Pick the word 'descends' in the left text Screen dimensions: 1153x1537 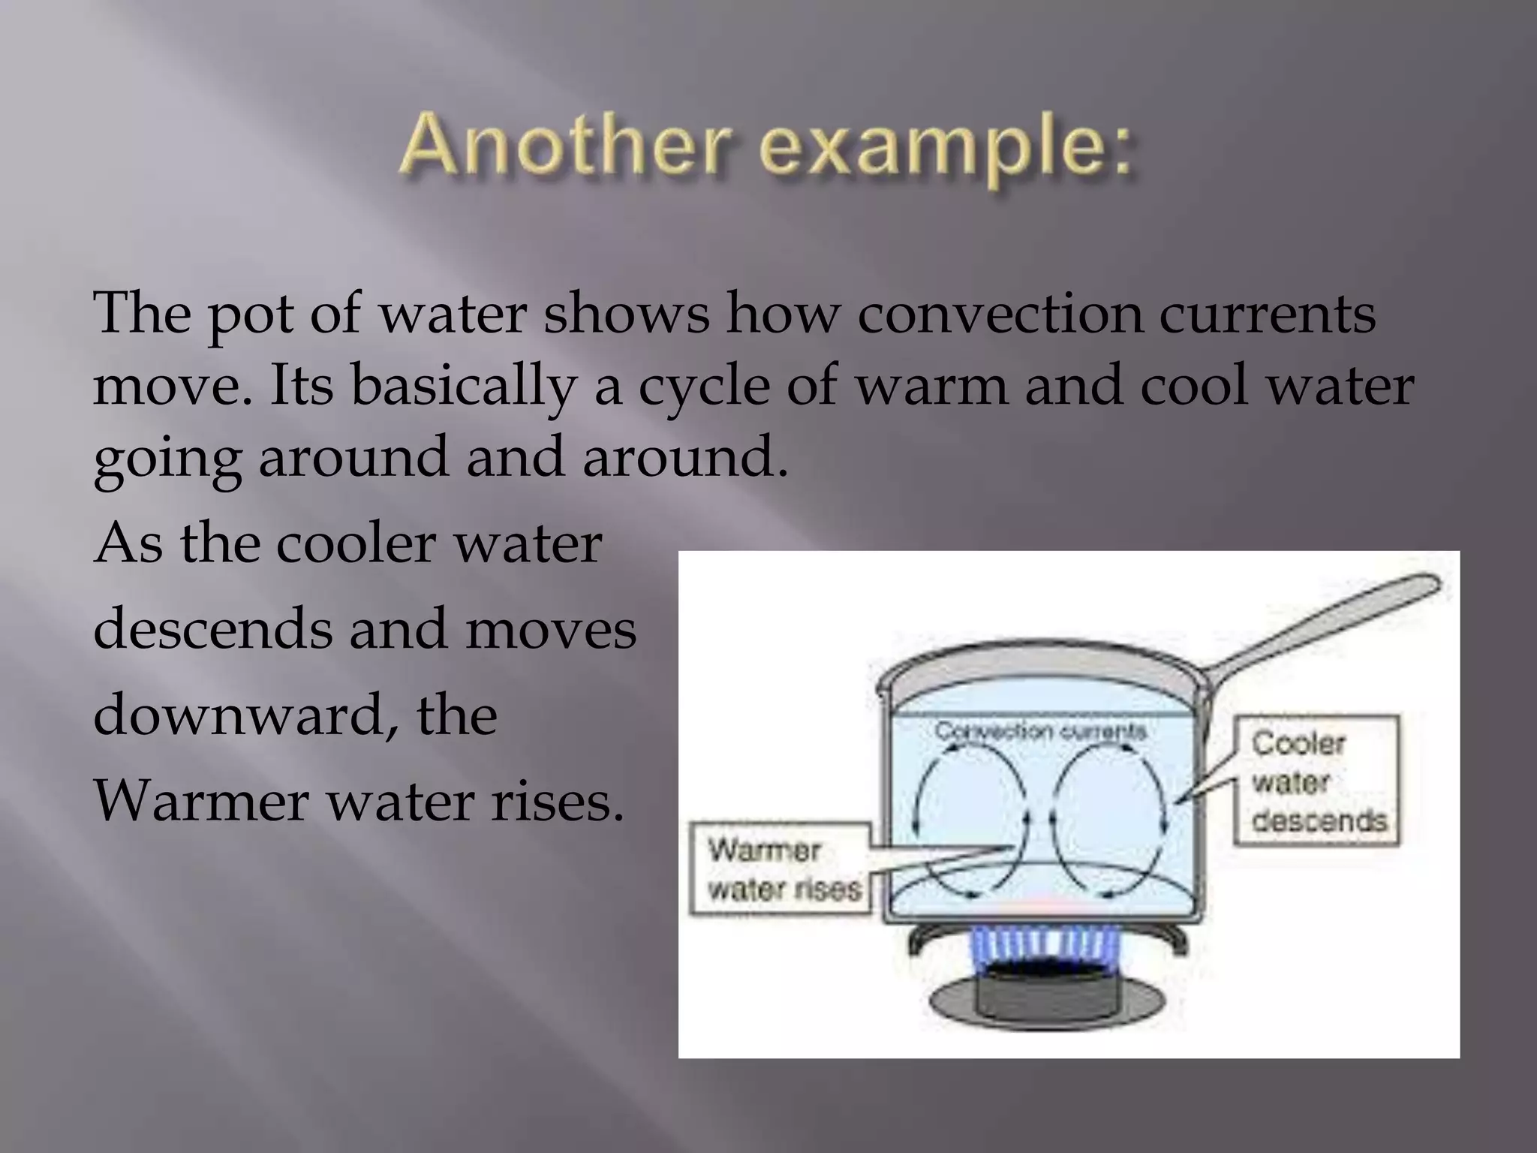tap(212, 628)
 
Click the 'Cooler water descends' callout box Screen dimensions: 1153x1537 tap(1318, 781)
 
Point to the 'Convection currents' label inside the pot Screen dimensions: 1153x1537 tap(1040, 731)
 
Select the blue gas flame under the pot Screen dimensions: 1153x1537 tap(1040, 953)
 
